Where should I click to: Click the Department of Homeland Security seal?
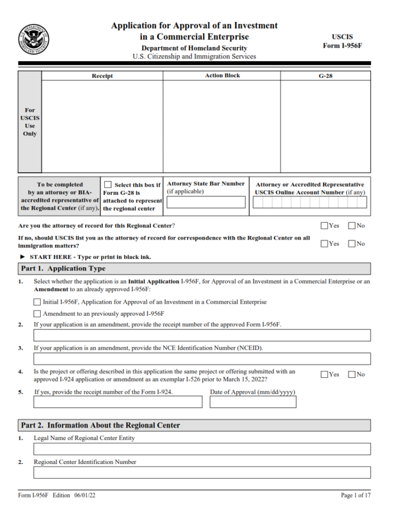[34, 39]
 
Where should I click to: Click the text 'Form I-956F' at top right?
[342, 46]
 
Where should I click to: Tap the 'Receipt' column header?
[102, 76]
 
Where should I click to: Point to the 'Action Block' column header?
[222, 76]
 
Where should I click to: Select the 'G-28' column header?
[325, 76]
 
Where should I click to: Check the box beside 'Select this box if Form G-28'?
[108, 185]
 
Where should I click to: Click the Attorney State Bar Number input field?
[206, 203]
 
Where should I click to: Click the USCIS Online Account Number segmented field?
[310, 203]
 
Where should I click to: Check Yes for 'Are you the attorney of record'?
[324, 225]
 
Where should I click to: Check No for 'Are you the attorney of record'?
[351, 225]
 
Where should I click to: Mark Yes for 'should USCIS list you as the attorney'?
[324, 243]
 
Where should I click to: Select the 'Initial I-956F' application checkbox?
[37, 302]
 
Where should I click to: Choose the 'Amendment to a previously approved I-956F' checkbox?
[37, 314]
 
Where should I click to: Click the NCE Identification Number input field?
[202, 359]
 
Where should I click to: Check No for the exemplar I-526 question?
[351, 374]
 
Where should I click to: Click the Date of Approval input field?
[253, 402]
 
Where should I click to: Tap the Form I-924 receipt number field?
[117, 402]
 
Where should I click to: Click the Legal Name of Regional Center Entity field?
[202, 449]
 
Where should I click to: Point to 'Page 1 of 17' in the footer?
[355, 495]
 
